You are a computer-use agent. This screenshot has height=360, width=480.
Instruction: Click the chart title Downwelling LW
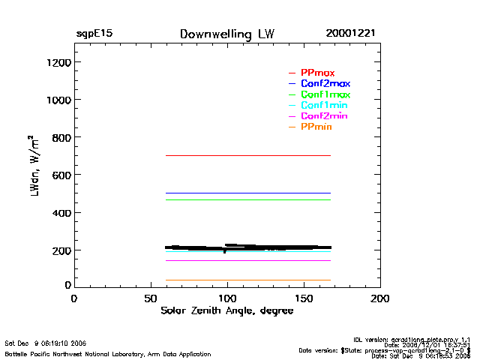click(227, 34)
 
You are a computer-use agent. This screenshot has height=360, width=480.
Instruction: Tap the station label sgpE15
click(94, 34)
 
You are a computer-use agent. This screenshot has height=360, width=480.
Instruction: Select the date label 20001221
click(350, 34)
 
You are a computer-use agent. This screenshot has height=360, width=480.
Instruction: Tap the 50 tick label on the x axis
click(150, 298)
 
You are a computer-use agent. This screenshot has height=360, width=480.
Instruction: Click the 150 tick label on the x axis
click(304, 298)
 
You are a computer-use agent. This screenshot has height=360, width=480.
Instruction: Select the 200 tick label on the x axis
click(380, 298)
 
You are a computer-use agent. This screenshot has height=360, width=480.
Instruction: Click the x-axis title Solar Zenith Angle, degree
click(226, 310)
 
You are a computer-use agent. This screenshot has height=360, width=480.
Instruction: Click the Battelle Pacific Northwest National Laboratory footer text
click(97, 352)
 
